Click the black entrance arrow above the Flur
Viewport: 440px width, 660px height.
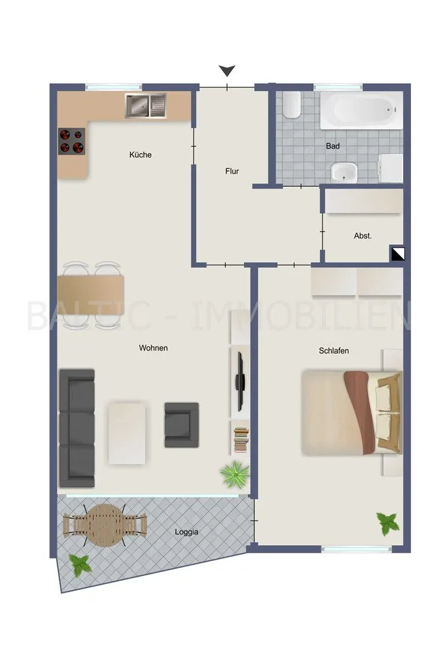click(227, 71)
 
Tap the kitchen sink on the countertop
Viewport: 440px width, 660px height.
click(146, 105)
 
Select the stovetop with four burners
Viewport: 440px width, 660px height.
click(71, 141)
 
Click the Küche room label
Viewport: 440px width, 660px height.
click(140, 155)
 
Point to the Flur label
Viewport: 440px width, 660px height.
click(232, 172)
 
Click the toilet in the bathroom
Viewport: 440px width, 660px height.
click(291, 104)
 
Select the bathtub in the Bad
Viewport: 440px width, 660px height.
click(361, 110)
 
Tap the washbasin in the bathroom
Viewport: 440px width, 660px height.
click(344, 172)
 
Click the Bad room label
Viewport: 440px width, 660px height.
click(332, 146)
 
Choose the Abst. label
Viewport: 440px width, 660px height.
click(363, 236)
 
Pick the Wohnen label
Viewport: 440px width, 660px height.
click(153, 348)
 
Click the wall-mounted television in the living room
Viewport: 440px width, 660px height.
click(240, 381)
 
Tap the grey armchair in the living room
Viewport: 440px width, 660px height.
click(181, 425)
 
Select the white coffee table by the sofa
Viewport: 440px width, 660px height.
click(127, 433)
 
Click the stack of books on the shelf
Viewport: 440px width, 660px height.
click(241, 440)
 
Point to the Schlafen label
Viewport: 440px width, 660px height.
click(334, 350)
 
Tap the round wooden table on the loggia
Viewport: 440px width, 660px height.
click(105, 525)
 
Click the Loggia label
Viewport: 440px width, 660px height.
click(186, 532)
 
